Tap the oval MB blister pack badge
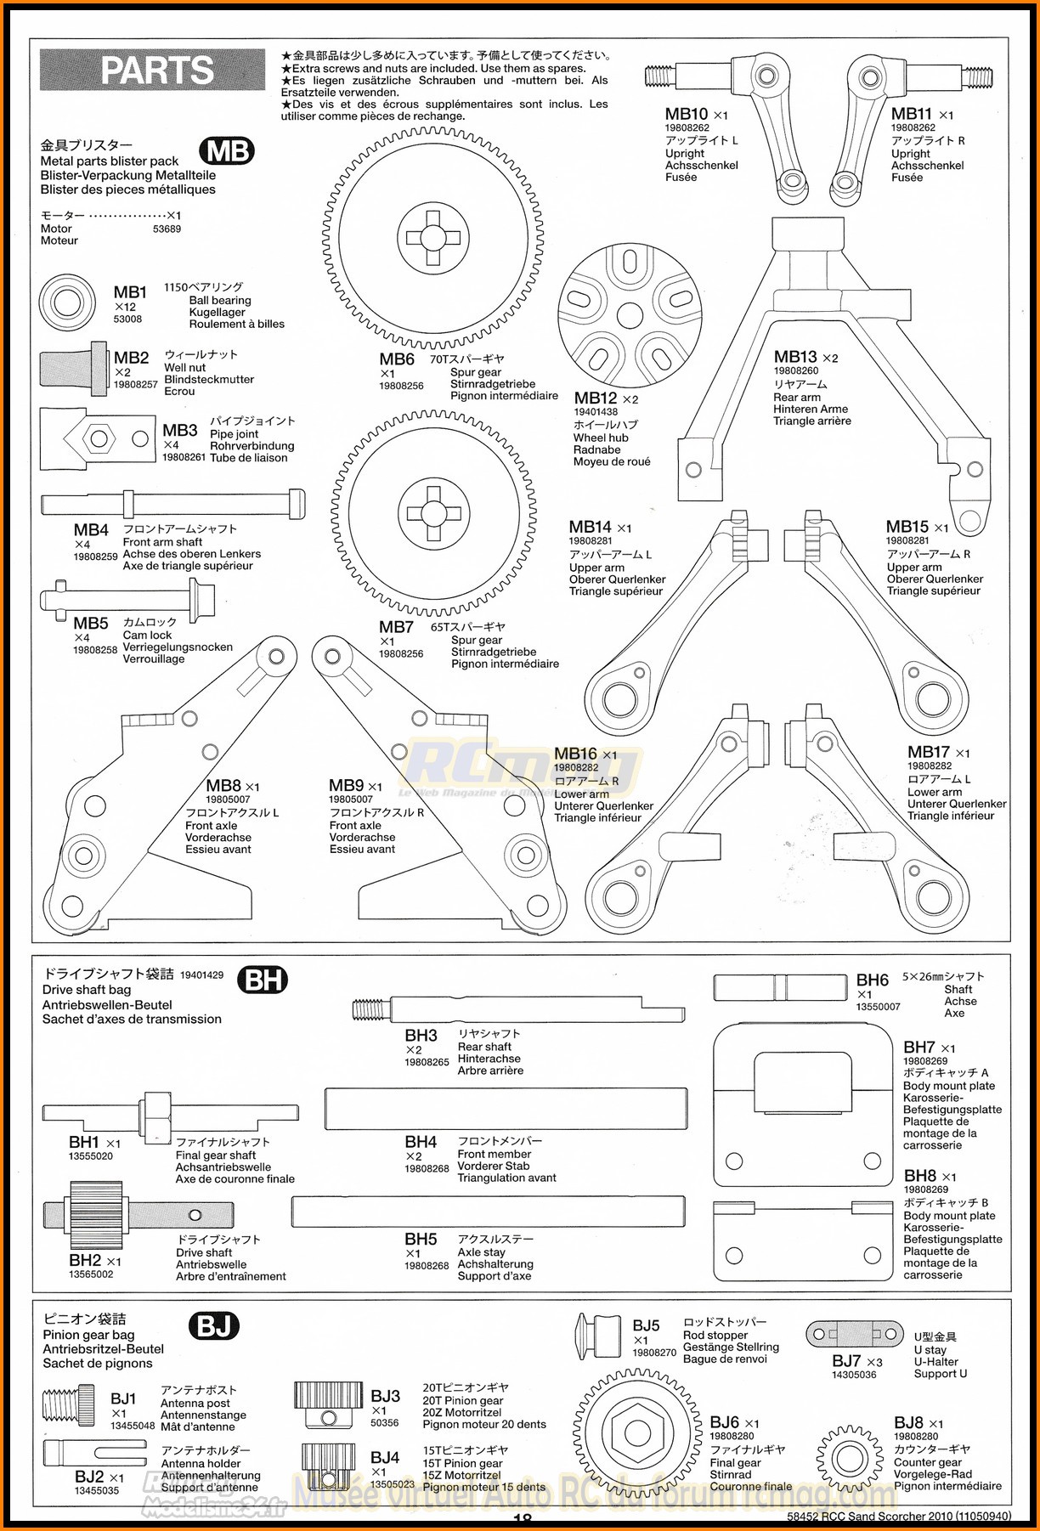[228, 151]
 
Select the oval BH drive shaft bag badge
[263, 980]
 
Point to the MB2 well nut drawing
[74, 369]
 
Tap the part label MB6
[397, 359]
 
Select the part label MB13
[795, 357]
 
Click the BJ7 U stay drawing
[855, 1334]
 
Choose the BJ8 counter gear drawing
[849, 1458]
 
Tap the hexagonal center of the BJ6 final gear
[636, 1432]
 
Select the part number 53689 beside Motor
[167, 229]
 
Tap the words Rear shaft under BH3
[484, 1047]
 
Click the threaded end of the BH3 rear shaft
[371, 1009]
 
